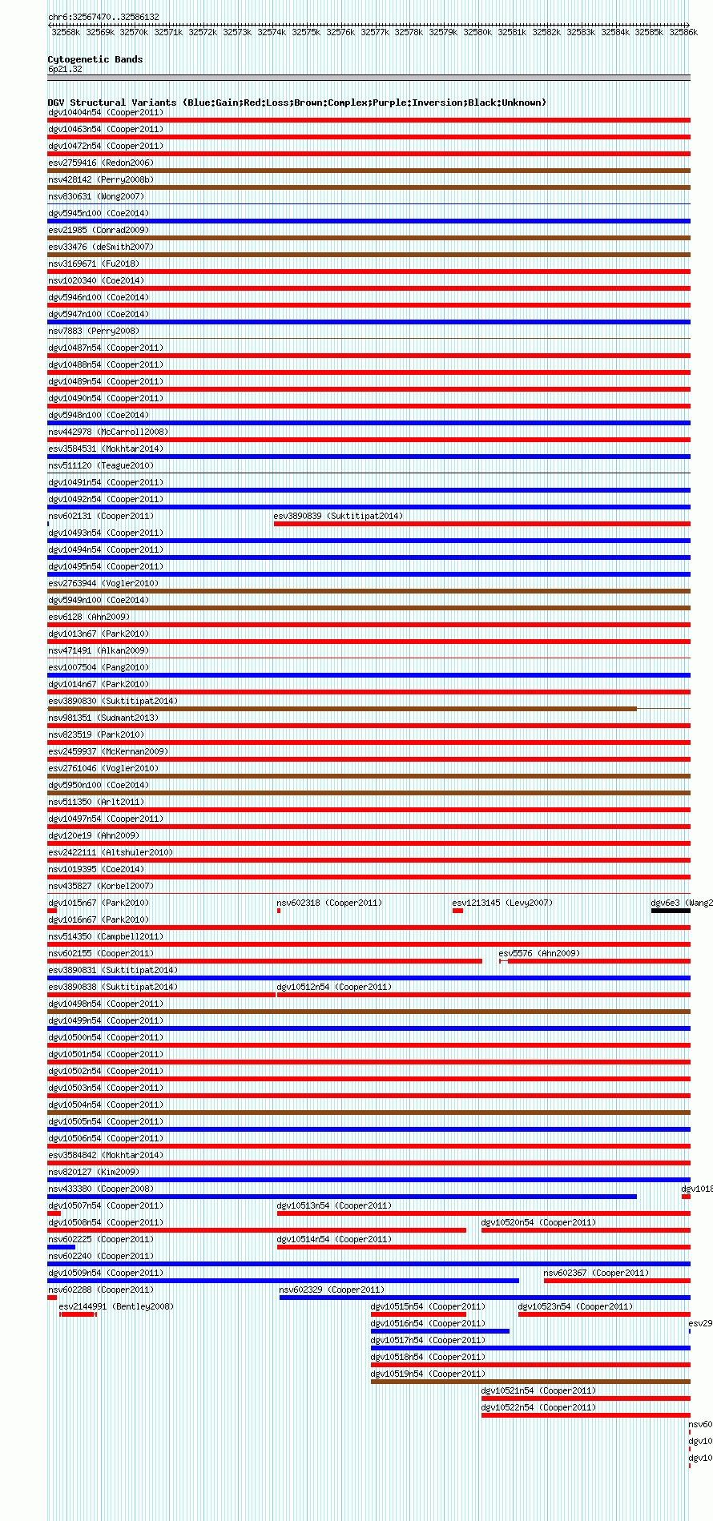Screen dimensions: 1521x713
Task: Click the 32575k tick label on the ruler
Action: pos(305,32)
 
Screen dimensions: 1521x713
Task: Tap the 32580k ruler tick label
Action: pos(477,32)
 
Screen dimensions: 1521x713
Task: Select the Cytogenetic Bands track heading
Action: pos(95,59)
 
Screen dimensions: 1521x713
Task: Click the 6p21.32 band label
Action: pos(65,70)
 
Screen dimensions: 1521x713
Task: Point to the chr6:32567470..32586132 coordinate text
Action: pos(103,17)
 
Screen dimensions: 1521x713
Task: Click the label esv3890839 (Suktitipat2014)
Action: pos(338,516)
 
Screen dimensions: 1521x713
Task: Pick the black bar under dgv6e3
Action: pos(670,911)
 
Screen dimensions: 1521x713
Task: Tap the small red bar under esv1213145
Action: pos(457,911)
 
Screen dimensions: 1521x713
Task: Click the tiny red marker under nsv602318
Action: pos(279,911)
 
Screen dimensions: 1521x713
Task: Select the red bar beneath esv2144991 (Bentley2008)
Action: pos(78,1314)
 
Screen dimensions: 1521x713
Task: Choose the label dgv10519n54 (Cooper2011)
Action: pos(428,1374)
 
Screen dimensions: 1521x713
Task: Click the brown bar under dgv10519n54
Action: pos(530,1382)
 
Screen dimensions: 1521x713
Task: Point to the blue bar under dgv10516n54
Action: pos(439,1331)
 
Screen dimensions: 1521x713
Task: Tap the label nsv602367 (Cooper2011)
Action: pos(596,1273)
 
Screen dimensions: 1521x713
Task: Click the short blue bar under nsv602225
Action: pos(61,1247)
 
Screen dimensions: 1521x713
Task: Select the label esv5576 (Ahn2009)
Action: pos(539,953)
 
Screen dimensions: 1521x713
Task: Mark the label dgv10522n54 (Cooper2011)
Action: pos(538,1407)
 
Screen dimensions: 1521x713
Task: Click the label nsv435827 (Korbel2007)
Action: pos(101,886)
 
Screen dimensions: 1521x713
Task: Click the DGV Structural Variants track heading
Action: pos(296,103)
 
